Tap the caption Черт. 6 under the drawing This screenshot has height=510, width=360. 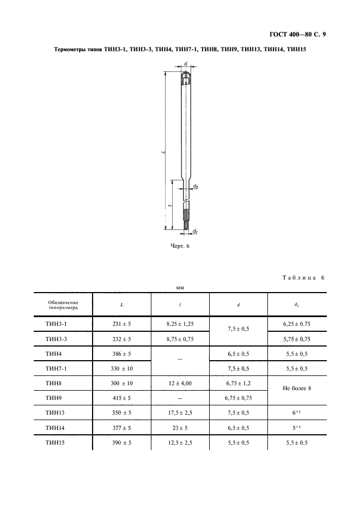click(x=180, y=246)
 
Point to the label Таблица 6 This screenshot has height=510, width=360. click(x=303, y=278)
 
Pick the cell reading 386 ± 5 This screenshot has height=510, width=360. click(x=121, y=354)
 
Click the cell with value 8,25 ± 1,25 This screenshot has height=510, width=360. click(x=180, y=324)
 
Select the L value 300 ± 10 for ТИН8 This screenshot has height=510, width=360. click(x=121, y=383)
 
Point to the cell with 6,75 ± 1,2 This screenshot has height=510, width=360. click(x=238, y=383)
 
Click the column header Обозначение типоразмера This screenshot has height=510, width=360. click(x=63, y=305)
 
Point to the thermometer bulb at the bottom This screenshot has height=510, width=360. click(x=186, y=224)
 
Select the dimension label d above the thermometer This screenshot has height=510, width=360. click(x=186, y=64)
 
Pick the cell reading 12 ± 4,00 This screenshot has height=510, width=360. click(x=180, y=383)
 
